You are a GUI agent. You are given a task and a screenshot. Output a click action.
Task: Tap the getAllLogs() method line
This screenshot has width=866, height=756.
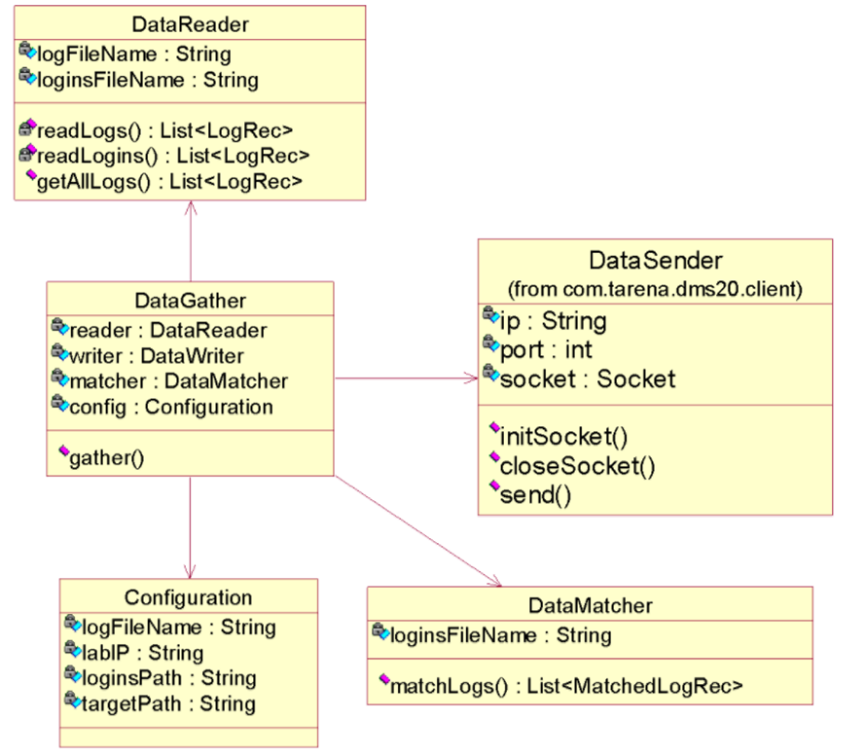(168, 180)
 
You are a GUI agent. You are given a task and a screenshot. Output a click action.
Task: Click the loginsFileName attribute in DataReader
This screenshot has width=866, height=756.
(147, 80)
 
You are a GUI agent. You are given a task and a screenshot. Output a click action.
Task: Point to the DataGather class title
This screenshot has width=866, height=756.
(190, 301)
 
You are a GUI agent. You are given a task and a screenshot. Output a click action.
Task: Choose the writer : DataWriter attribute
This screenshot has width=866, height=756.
(156, 356)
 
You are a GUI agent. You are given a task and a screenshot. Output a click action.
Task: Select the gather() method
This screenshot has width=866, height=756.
(106, 456)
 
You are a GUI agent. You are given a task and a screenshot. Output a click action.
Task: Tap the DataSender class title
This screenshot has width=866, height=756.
(655, 260)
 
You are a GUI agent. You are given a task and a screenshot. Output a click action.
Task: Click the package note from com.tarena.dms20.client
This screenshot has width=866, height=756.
(655, 289)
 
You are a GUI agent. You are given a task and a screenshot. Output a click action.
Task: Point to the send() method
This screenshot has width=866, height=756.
(534, 495)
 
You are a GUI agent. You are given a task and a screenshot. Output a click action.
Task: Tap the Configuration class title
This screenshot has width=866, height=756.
(188, 597)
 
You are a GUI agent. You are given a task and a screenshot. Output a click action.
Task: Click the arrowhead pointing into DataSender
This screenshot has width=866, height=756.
(472, 378)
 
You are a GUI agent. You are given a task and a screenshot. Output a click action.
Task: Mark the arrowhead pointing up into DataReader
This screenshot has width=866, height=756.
(191, 207)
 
